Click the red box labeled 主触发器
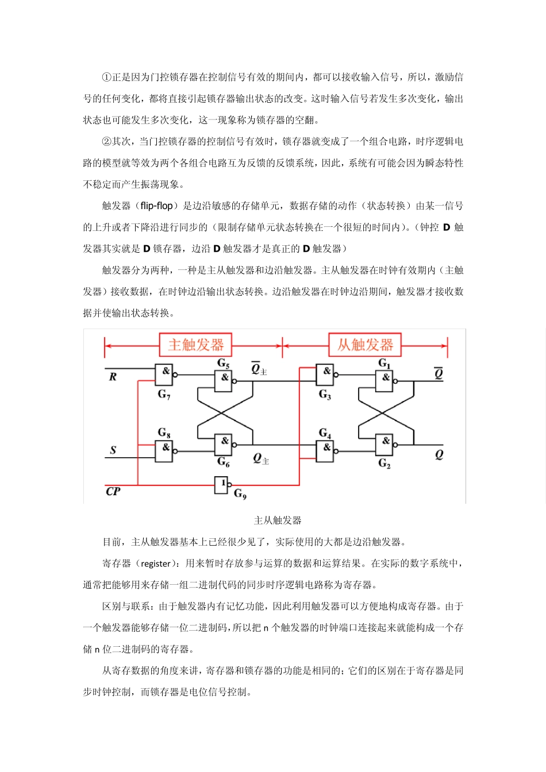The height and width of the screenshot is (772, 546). coord(195,345)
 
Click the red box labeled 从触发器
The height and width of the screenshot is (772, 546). coord(365,345)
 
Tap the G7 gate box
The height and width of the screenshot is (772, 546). coord(164,375)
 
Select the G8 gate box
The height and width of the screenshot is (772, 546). coord(164,450)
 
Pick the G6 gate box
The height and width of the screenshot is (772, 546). coord(223,444)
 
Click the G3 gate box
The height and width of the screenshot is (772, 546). coord(325,375)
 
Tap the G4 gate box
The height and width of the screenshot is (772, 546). coord(325,450)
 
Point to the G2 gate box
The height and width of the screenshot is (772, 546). coord(384,444)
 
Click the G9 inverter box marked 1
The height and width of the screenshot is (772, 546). coord(221,485)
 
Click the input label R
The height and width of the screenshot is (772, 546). coord(113,377)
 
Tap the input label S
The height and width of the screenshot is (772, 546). coord(113,450)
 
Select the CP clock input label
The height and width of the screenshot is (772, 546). coord(113,491)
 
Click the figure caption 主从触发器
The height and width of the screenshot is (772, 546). coord(278,520)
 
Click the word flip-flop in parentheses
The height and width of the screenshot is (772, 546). coord(156,206)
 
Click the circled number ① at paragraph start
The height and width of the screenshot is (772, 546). coord(106,77)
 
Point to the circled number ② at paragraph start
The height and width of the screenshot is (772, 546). coord(106,141)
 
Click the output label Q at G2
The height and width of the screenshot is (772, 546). coord(439,454)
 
